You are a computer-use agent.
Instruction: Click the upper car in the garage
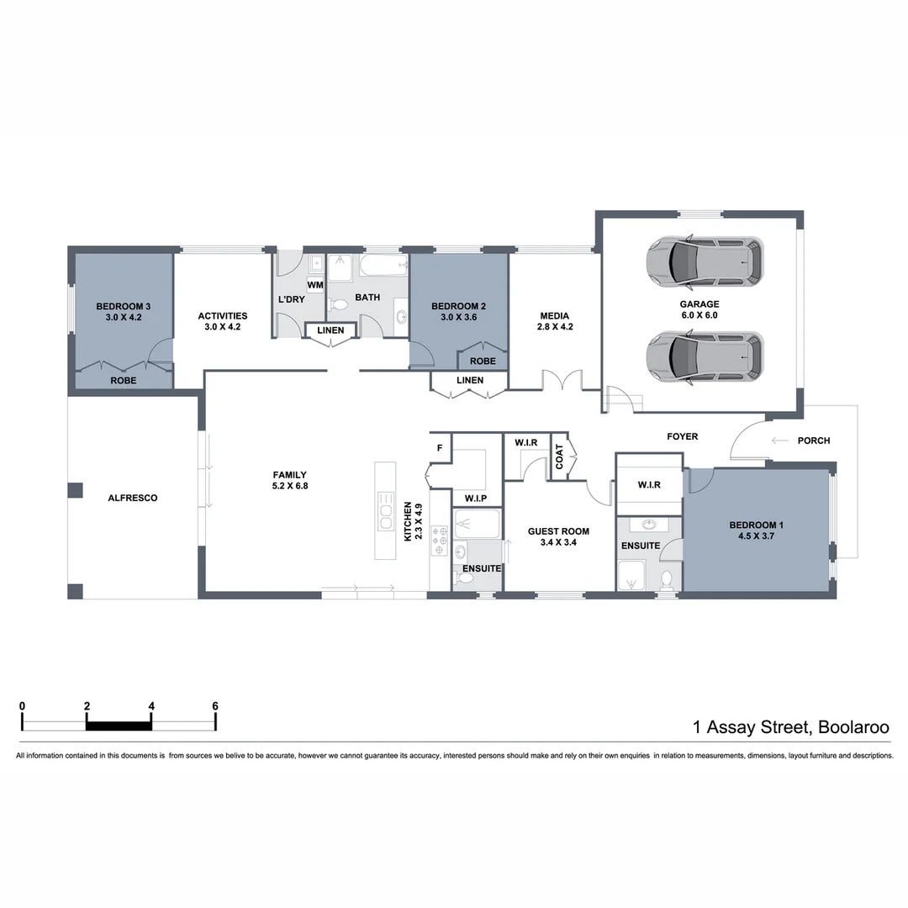705,261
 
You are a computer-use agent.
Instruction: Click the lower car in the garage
705,355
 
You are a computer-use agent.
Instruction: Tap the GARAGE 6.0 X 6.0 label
699,309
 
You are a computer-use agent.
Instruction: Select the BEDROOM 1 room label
757,531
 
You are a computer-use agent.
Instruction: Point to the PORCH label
813,441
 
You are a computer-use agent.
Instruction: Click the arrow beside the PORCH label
780,441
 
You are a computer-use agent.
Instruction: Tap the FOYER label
682,436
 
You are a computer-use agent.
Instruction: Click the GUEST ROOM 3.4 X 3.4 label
558,536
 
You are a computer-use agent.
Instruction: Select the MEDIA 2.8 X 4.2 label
555,321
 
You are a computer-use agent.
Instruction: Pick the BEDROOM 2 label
458,311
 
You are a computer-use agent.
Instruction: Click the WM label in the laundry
315,286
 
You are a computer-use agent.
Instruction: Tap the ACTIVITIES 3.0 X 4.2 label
223,321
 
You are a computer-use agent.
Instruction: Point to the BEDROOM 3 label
123,311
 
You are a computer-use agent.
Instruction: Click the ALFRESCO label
133,498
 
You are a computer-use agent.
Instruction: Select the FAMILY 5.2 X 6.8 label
289,480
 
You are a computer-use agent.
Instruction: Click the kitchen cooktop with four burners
440,541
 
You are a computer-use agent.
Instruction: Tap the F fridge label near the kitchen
439,448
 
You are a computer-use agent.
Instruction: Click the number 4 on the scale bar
151,705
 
